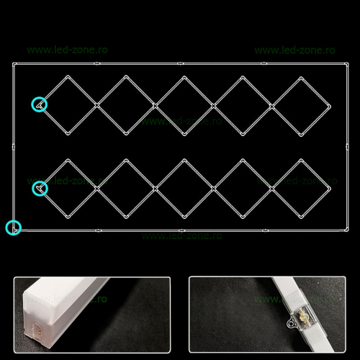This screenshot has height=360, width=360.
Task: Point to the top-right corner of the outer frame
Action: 346,64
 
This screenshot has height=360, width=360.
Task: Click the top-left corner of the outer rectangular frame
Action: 14,64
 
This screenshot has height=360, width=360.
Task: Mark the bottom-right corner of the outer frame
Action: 346,230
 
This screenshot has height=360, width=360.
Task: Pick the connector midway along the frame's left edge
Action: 14,147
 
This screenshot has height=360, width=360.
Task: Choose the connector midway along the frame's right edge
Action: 347,147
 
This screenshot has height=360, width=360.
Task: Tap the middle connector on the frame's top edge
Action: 181,63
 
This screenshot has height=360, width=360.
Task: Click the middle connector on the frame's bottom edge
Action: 181,230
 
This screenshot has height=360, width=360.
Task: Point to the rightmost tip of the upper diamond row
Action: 330,107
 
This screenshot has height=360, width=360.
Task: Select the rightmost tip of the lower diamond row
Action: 330,189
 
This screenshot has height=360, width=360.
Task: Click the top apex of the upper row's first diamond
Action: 68,76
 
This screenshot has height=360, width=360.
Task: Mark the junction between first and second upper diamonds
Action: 97,105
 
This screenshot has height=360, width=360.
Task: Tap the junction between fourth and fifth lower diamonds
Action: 271,189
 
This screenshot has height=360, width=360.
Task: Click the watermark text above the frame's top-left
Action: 67,50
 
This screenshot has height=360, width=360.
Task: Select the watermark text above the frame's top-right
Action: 294,50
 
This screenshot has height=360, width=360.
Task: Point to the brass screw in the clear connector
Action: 303,315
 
